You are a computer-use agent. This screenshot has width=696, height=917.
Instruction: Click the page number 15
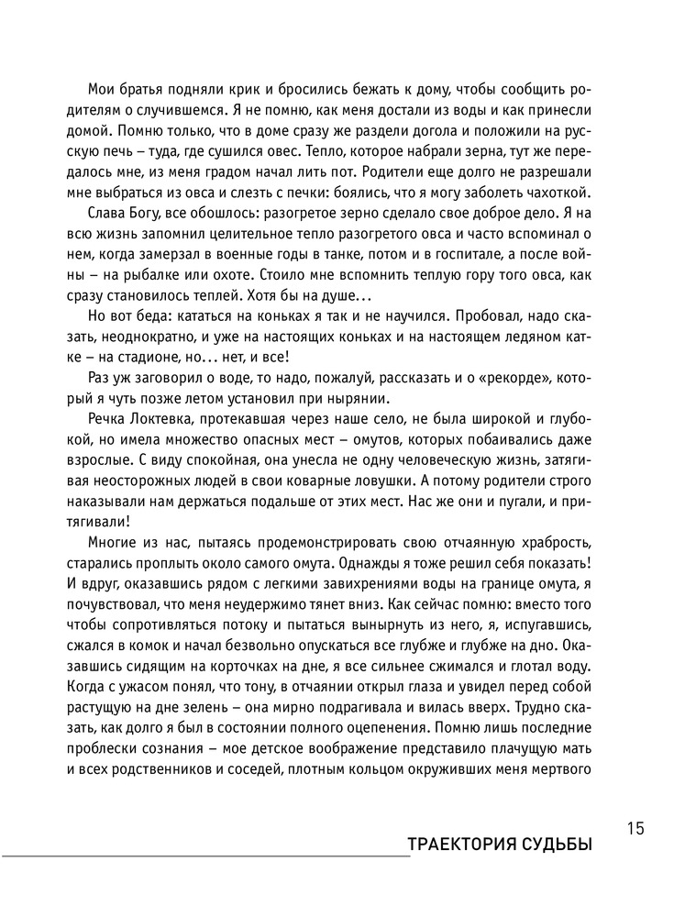point(636,829)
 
